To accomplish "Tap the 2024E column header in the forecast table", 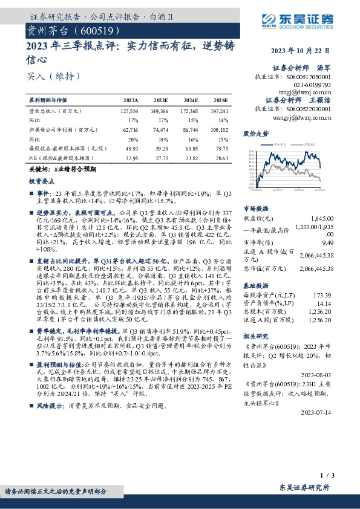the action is pos(191,100).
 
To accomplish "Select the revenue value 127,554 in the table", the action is pos(129,112).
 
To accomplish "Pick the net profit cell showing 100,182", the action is pos(219,129).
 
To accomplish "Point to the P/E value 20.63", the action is pos(221,157).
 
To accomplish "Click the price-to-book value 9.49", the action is pos(327,242).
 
